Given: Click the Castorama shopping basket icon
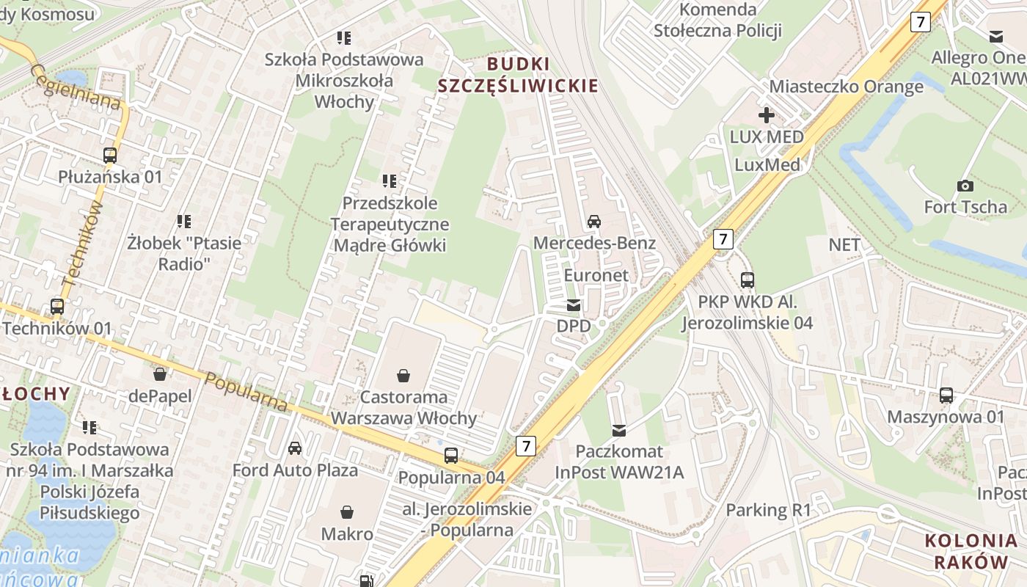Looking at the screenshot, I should coord(403,376).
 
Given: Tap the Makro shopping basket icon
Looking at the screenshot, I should coord(347,511).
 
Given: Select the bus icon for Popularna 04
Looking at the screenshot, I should coord(451,456).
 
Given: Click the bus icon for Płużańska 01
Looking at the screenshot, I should coord(110,156).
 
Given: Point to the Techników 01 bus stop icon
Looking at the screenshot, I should coord(57,307).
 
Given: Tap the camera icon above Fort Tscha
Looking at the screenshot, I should coord(965,186).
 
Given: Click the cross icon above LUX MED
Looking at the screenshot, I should coord(767,115).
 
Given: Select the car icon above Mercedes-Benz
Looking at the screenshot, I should coord(594,221).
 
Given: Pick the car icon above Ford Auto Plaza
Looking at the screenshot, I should coord(295,448).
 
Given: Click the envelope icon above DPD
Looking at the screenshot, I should coord(574,305).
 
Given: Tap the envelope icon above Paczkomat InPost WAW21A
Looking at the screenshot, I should coord(619,430).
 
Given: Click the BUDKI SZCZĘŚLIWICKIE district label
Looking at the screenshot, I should coord(518,75).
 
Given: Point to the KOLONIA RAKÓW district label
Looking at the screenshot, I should coord(971,552).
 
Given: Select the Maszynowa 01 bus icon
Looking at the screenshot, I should coord(946,395).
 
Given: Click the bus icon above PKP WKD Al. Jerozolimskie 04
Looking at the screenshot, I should coord(748,280).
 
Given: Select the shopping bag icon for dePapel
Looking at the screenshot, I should coord(160,375).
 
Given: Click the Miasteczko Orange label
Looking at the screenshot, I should coord(846,87).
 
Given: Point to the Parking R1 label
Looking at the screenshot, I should coord(768,510).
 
